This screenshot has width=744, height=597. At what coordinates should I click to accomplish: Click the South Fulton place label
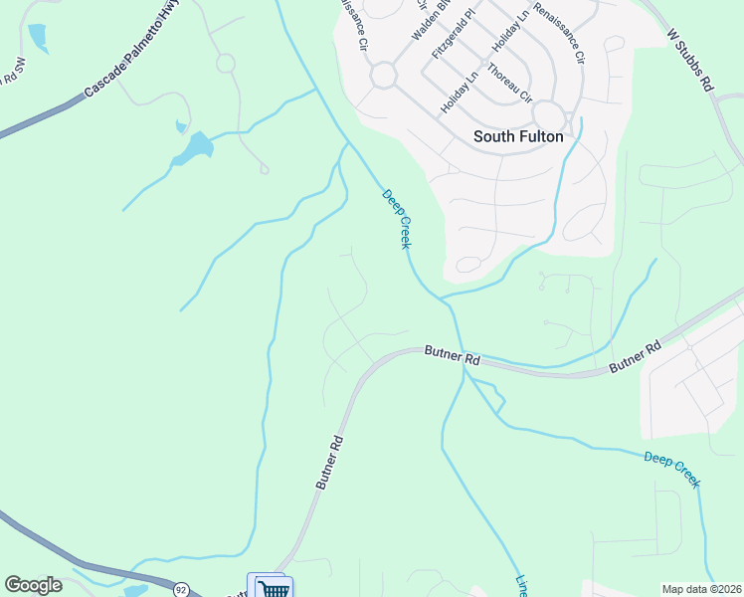pos(518,137)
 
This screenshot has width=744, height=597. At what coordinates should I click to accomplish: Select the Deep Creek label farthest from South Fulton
pos(671,470)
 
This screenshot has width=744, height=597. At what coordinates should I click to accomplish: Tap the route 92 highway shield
pos(181,589)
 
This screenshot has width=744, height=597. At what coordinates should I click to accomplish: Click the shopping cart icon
pos(270,588)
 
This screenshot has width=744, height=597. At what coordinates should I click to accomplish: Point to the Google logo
pos(33,585)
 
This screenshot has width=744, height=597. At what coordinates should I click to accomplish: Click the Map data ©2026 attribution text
pos(702,589)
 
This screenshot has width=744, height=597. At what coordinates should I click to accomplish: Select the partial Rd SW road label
pos(12,72)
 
